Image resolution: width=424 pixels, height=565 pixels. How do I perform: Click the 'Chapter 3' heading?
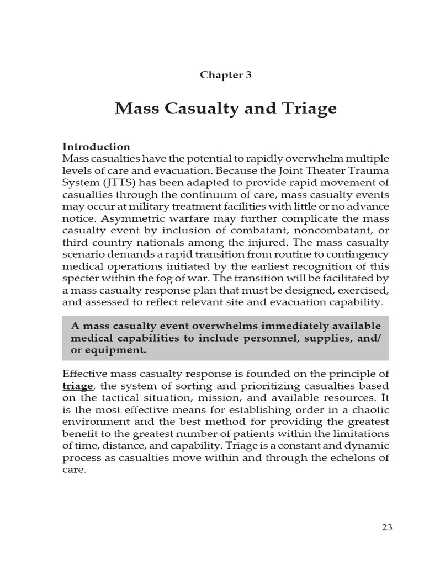[225, 75]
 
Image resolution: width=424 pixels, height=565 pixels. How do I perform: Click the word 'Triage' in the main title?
[310, 109]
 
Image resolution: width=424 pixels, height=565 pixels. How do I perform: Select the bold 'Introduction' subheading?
[96, 147]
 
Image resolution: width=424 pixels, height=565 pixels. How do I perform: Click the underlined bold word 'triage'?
[78, 386]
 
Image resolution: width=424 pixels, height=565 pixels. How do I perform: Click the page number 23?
[386, 527]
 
